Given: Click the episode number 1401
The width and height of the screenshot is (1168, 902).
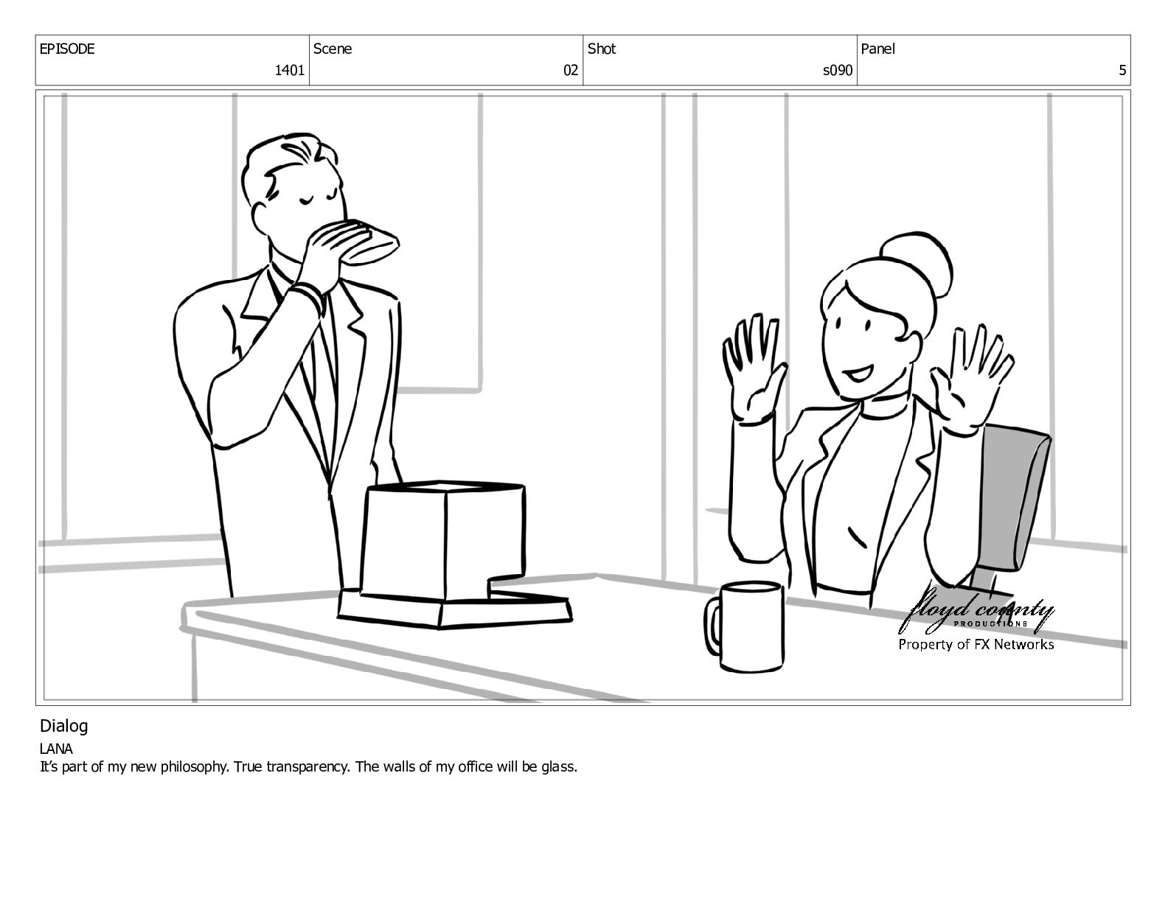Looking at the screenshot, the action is (x=290, y=70).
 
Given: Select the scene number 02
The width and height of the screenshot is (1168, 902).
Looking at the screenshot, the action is (x=571, y=70).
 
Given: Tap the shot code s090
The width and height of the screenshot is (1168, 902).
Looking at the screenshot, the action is (x=838, y=70).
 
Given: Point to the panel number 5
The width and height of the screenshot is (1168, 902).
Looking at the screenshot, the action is (x=1122, y=70).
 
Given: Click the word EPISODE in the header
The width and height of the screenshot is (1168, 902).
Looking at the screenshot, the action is (x=67, y=49).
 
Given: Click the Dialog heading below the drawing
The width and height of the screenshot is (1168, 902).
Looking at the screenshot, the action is (x=63, y=727).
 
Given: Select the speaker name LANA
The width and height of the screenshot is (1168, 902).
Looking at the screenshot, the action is (x=56, y=749).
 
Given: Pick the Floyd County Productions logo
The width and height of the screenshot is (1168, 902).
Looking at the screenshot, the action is (x=976, y=612).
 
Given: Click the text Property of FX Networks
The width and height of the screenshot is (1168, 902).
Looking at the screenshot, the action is (x=976, y=645).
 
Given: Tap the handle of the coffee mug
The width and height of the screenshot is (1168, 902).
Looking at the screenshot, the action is (x=713, y=626).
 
